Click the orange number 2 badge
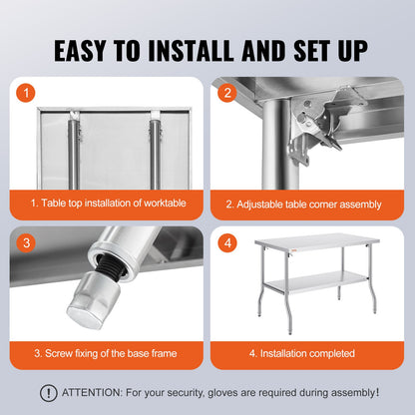pyautogui.click(x=227, y=93)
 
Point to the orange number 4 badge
pyautogui.click(x=227, y=242)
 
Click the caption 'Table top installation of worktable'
pyautogui.click(x=108, y=204)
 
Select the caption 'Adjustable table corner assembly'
pyautogui.click(x=303, y=204)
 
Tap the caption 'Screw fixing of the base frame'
pyautogui.click(x=108, y=353)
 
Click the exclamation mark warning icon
pyautogui.click(x=48, y=393)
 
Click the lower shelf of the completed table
pyautogui.click(x=317, y=284)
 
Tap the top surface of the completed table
pyautogui.click(x=317, y=241)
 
